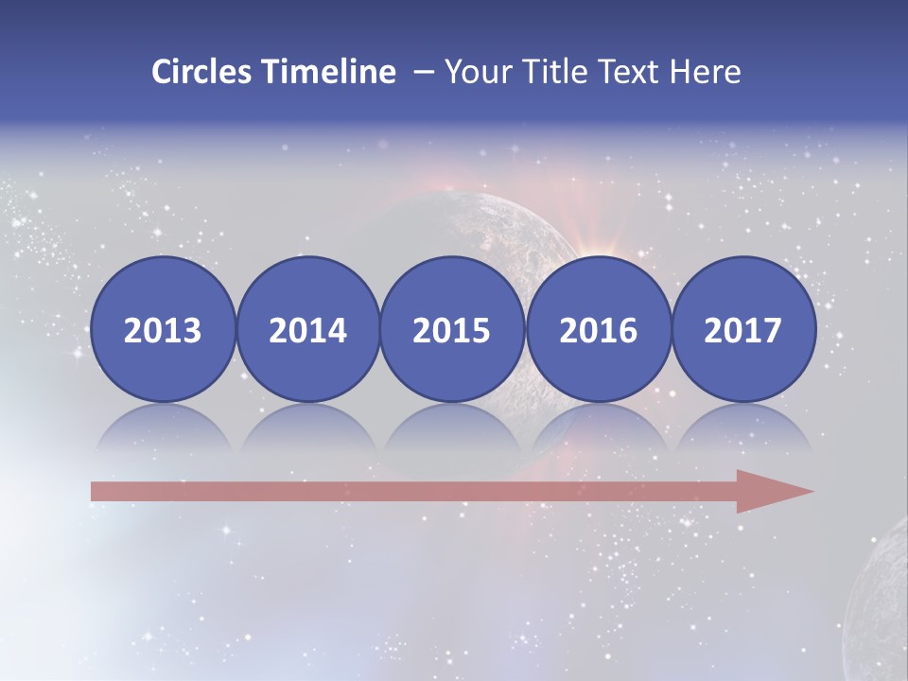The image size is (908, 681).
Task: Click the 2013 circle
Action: (163, 330)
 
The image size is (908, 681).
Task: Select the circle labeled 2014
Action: (307, 330)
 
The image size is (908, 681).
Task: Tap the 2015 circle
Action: (452, 330)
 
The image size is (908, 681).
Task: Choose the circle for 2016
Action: (598, 330)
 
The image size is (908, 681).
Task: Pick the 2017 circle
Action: (743, 330)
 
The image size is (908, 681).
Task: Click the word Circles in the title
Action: (202, 72)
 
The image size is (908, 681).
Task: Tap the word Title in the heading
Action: (546, 72)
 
